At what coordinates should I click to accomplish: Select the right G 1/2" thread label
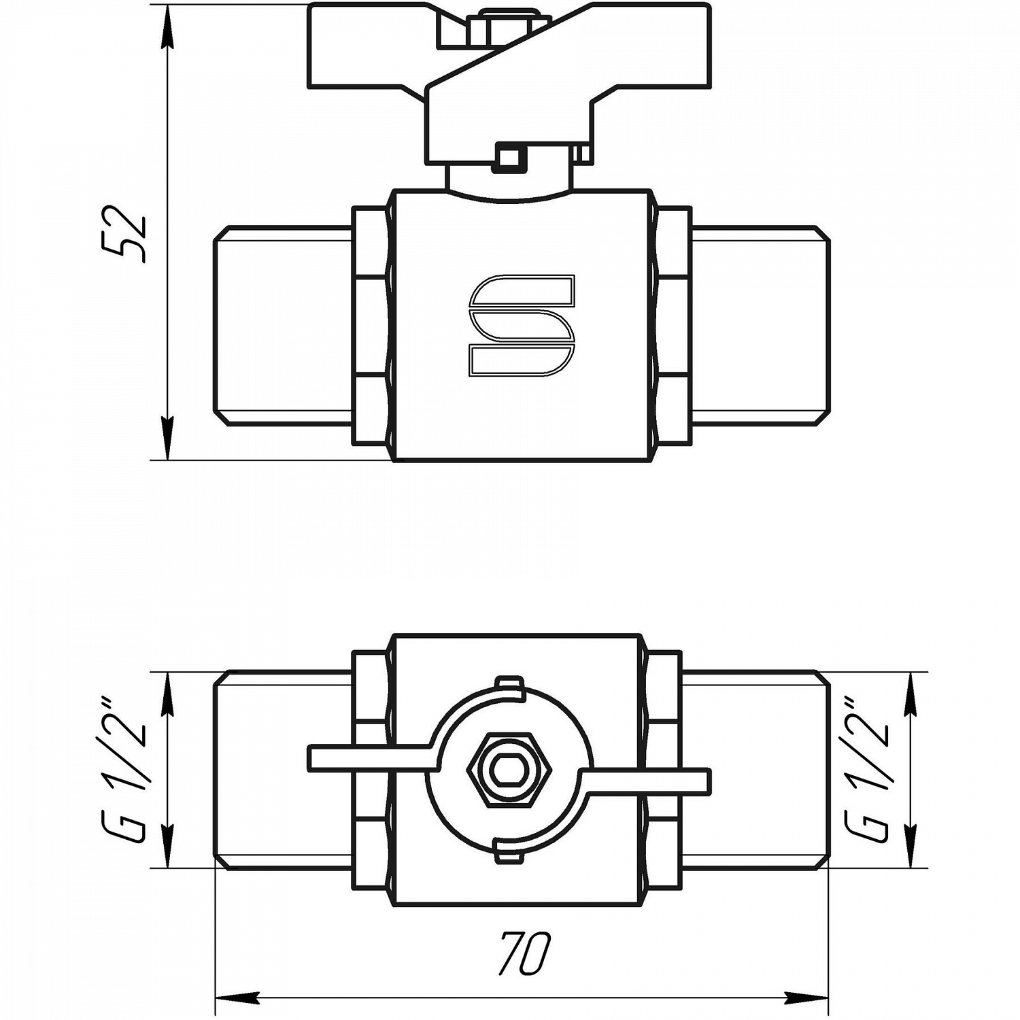pos(870,770)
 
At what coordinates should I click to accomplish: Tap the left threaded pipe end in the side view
pos(284,325)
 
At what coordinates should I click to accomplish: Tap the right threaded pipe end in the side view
pos(761,325)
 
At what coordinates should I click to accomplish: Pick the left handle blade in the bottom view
pos(371,758)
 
